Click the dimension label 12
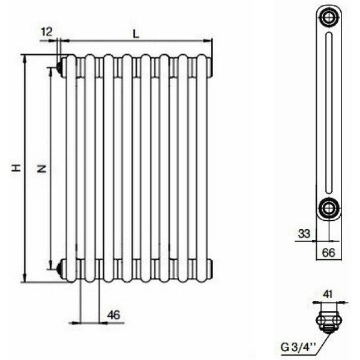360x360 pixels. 47,32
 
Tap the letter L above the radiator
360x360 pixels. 136,34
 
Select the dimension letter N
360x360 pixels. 42,169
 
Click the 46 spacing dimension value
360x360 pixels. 113,315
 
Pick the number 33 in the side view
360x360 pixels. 304,234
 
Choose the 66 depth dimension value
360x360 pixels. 329,253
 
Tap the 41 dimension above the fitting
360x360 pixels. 328,294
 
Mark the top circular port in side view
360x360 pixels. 329,17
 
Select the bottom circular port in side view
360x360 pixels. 329,208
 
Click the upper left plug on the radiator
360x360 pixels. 61,67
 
